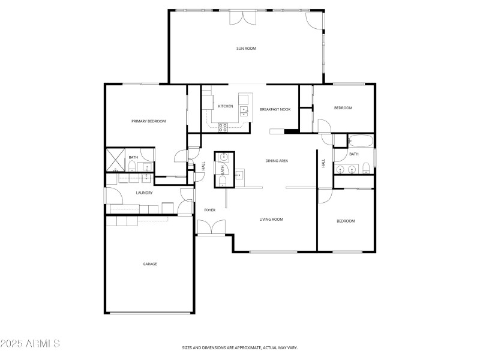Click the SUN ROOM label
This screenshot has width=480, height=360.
coord(246,48)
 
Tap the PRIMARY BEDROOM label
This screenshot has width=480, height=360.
coord(148,121)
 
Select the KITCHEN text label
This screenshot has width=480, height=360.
coord(225,106)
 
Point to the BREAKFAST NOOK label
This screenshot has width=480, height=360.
coord(275,109)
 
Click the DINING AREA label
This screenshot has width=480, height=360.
coord(277,160)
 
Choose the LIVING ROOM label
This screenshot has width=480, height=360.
coord(271,220)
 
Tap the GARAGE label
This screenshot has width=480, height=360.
coord(149,264)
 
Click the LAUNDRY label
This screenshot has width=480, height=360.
coord(144,193)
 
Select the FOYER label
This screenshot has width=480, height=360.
coord(209,210)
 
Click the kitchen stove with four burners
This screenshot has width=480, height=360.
coord(223,127)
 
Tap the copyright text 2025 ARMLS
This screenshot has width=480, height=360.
coord(30,344)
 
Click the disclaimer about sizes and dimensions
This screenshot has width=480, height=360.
coord(240,347)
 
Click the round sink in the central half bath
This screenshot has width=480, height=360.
coord(223,157)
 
